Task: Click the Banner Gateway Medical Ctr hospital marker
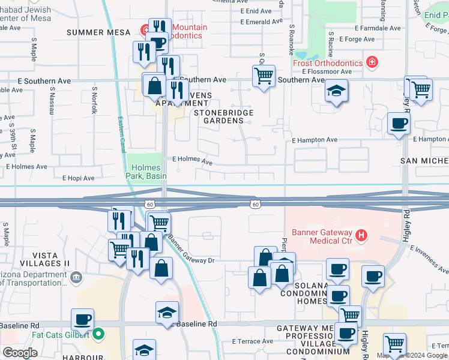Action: pyautogui.click(x=361, y=236)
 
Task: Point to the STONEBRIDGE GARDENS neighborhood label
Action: pyautogui.click(x=223, y=116)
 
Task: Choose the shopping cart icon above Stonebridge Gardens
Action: pyautogui.click(x=264, y=76)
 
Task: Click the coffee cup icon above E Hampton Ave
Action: pyautogui.click(x=399, y=124)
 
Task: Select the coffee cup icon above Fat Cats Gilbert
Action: pyautogui.click(x=83, y=319)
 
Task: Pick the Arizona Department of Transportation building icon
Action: pyautogui.click(x=76, y=277)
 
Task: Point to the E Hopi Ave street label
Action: pyautogui.click(x=78, y=178)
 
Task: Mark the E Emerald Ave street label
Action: pyautogui.click(x=261, y=22)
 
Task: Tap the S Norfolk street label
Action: pyautogui.click(x=94, y=99)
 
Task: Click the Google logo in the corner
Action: pyautogui.click(x=20, y=353)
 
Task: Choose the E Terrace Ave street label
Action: pyautogui.click(x=252, y=341)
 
